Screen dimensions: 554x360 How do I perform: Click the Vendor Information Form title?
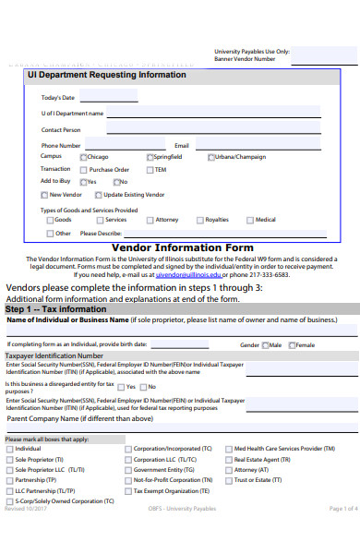point(182,247)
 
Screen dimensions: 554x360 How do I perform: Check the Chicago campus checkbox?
point(83,157)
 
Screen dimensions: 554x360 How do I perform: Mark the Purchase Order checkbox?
point(84,170)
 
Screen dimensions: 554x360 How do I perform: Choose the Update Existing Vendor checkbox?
point(99,195)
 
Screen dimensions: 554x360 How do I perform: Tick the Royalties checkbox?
point(200,220)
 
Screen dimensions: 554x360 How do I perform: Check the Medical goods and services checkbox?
point(250,220)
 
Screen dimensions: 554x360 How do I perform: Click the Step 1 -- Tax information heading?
point(56,309)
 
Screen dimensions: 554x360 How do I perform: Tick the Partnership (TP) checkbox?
point(10,480)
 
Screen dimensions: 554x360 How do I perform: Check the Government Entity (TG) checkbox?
point(127,470)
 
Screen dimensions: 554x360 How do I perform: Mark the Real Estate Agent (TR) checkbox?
point(228,459)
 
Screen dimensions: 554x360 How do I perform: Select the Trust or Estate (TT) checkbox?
point(228,480)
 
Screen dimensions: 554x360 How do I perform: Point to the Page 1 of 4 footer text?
point(342,535)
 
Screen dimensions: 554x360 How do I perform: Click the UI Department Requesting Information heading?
point(107,75)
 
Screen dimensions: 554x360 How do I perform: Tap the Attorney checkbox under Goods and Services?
point(150,220)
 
